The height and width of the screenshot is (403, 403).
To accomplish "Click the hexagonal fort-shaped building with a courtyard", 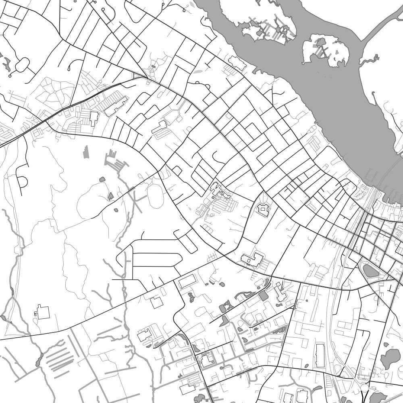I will tap(263, 209).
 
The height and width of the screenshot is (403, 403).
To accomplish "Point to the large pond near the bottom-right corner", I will tap(390, 358).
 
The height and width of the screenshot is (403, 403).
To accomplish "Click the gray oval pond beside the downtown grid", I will tap(370, 270).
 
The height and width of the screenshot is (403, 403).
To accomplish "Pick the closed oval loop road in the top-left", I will tap(22, 64).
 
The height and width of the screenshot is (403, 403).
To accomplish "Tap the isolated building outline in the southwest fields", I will tap(42, 312).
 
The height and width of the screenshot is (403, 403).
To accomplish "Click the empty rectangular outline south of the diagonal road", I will tap(187, 281).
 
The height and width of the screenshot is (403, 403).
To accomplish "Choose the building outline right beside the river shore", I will tap(237, 63).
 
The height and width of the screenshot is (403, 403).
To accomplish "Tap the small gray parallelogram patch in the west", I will tap(86, 152).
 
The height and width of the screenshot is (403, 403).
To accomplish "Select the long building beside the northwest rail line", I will tap(116, 106).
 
